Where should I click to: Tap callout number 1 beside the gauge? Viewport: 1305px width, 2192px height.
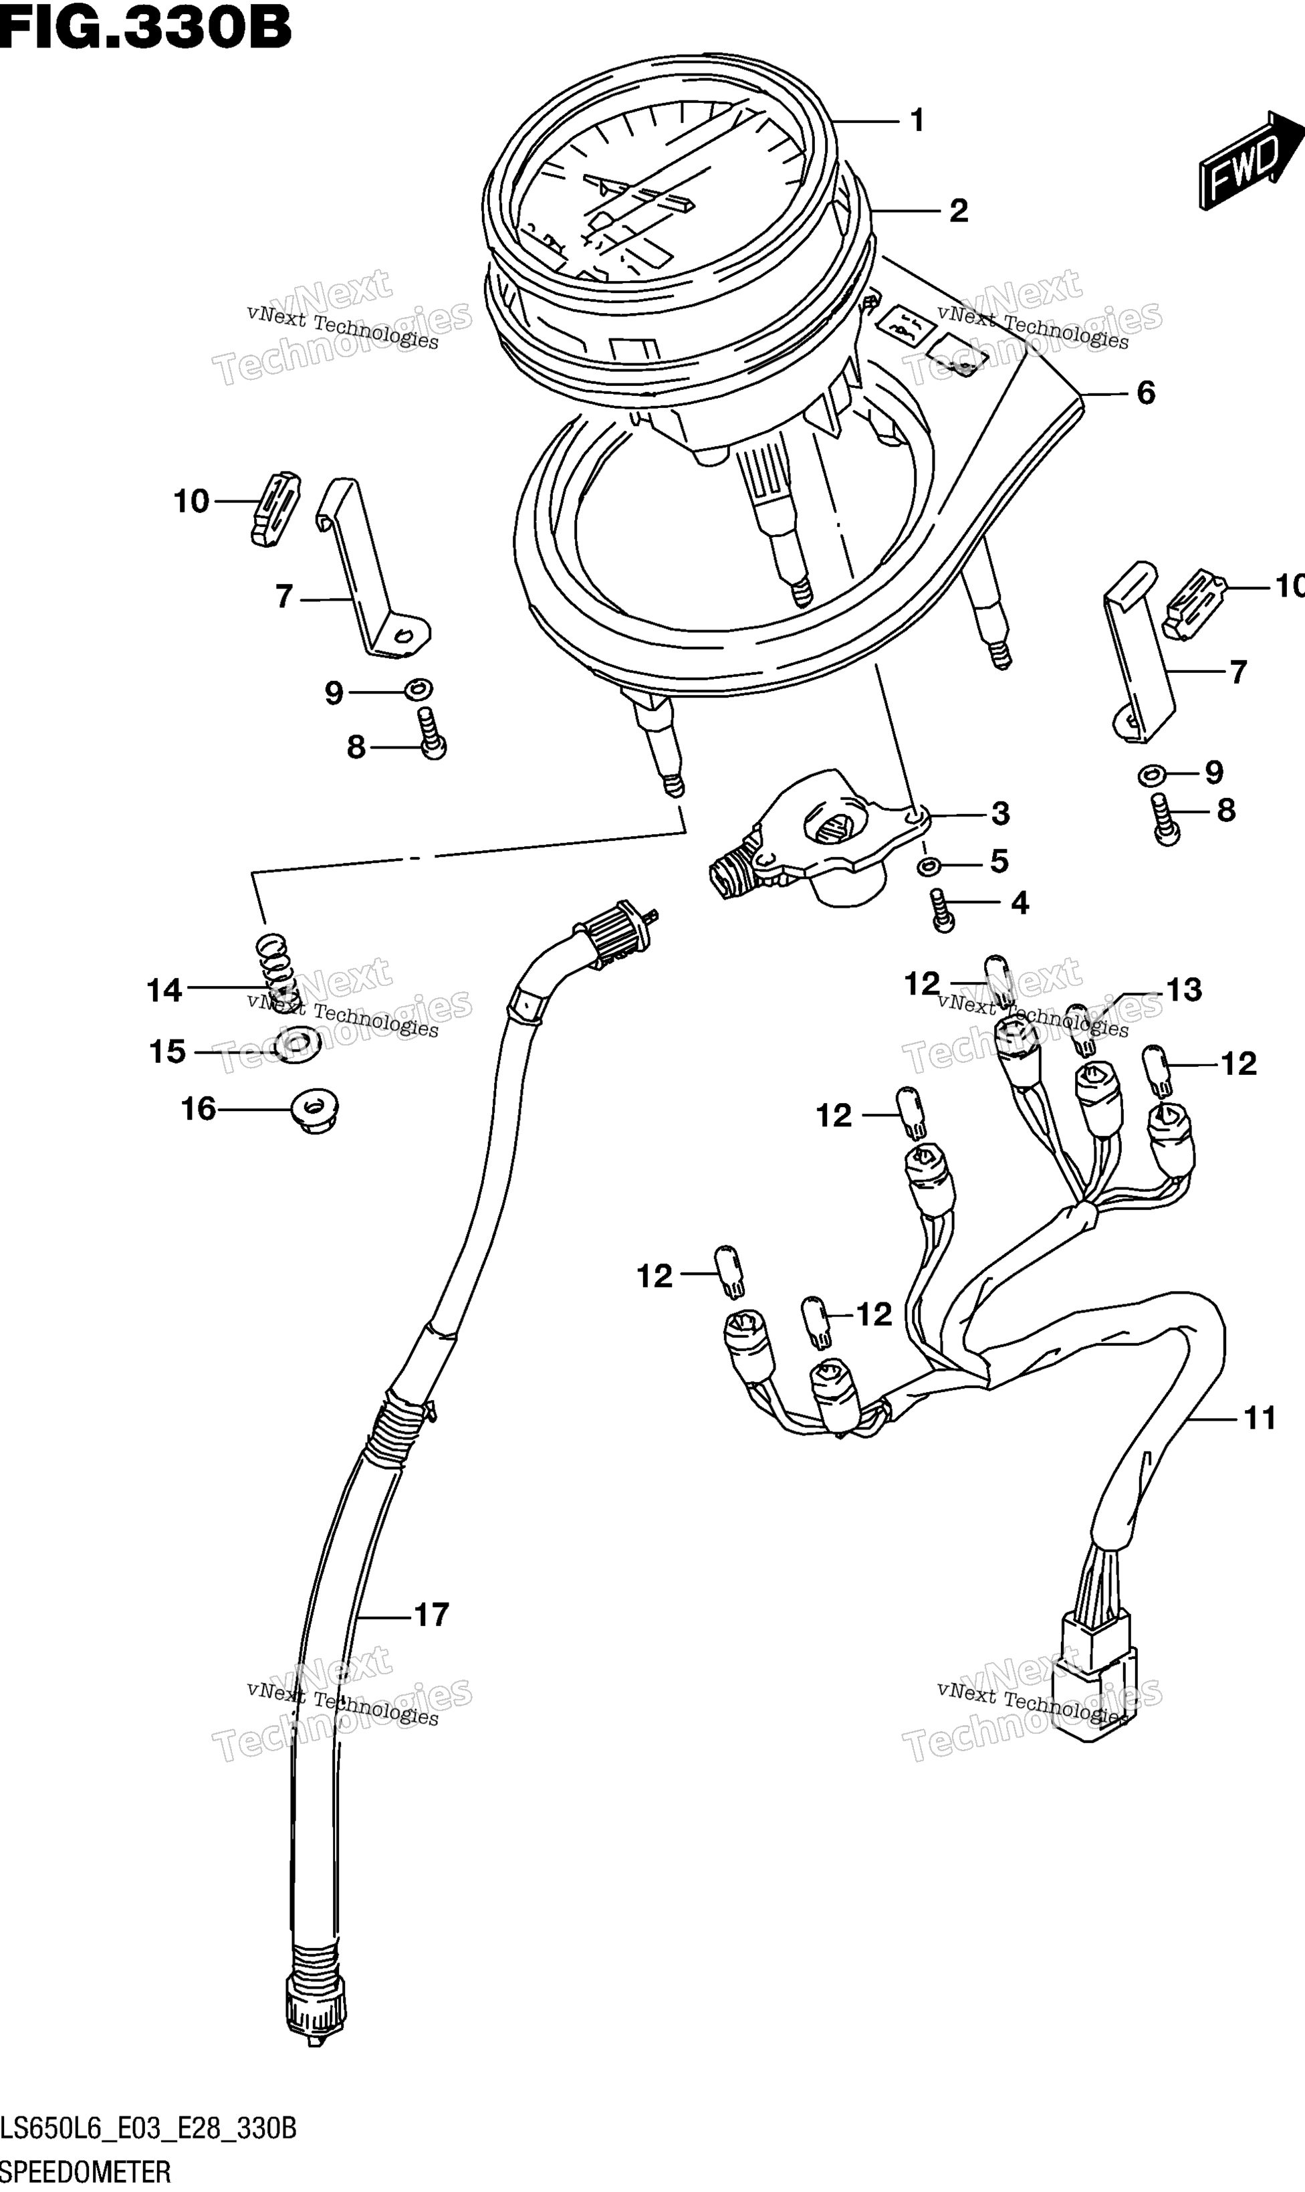[917, 120]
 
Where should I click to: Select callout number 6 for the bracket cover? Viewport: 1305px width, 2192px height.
[1146, 392]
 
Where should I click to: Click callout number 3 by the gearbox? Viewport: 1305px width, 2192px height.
[1000, 813]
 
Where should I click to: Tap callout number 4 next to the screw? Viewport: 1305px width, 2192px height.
[1020, 902]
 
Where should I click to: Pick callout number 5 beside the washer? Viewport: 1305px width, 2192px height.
[999, 861]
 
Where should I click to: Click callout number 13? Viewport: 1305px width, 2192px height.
[1183, 991]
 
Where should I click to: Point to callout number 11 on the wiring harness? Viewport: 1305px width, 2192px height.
[1260, 1418]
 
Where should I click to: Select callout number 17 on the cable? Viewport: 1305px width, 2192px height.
[431, 1614]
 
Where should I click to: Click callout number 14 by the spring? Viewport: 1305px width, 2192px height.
[164, 991]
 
